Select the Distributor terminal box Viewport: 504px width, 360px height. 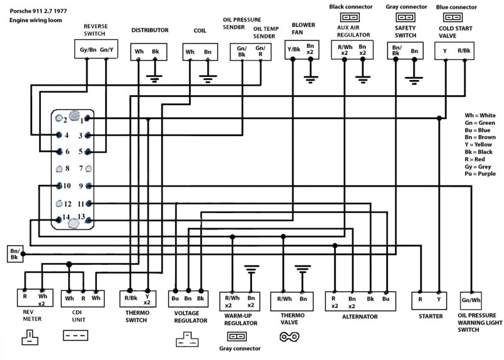pyautogui.click(x=147, y=51)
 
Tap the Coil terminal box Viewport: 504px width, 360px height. pyautogui.click(x=198, y=51)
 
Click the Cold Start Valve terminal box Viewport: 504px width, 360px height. pyautogui.click(x=455, y=50)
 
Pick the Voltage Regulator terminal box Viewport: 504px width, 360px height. pyautogui.click(x=187, y=297)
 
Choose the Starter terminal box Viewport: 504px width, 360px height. pyautogui.click(x=430, y=299)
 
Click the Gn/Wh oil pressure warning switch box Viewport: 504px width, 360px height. pyautogui.click(x=471, y=300)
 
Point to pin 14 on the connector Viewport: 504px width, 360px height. pyautogui.click(x=60, y=219)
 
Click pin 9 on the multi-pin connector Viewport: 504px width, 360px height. pyautogui.click(x=89, y=186)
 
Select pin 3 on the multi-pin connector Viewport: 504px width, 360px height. pyautogui.click(x=89, y=136)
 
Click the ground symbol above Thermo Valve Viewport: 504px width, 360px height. pyautogui.click(x=303, y=269)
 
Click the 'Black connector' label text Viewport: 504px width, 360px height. pyautogui.click(x=350, y=7)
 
